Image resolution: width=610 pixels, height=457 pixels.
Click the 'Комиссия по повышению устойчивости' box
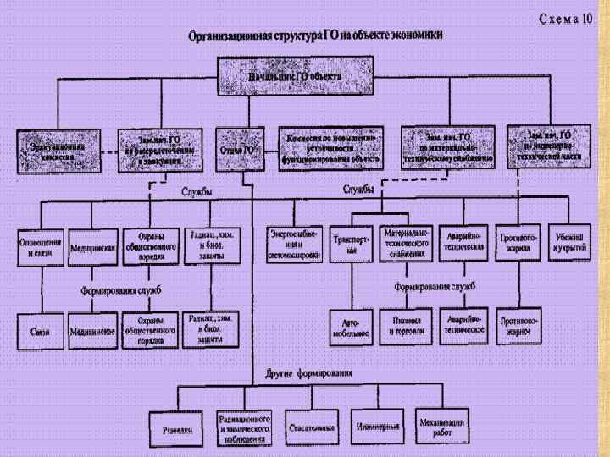point(330,147)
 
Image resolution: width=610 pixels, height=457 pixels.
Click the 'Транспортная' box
point(351,245)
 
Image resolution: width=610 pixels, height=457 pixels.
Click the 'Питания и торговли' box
point(407,326)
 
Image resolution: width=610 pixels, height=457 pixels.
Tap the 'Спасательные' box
point(310,425)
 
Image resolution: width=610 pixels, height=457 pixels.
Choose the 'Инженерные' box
point(378,425)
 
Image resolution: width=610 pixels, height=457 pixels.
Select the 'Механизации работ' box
point(441,425)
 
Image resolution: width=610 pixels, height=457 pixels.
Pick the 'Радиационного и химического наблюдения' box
point(245,427)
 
